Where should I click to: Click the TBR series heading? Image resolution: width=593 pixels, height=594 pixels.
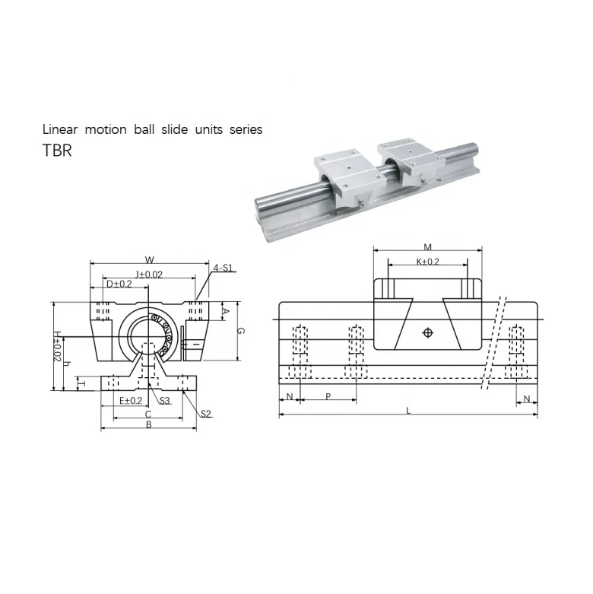[57, 151]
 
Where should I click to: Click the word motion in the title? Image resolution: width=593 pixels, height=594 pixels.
[106, 129]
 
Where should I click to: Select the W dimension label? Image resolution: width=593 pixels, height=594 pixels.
[150, 260]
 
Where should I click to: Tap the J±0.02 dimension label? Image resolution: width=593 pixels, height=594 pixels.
[149, 275]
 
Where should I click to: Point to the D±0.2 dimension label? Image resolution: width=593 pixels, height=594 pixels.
[119, 284]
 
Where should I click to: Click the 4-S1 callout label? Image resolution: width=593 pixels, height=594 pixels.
[223, 268]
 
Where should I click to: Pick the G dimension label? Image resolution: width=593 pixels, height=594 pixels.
[240, 331]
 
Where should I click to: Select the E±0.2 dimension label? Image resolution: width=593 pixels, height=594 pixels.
[131, 400]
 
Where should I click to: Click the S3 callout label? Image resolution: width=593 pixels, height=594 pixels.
[164, 400]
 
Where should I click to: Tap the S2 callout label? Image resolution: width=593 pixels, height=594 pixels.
[205, 414]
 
